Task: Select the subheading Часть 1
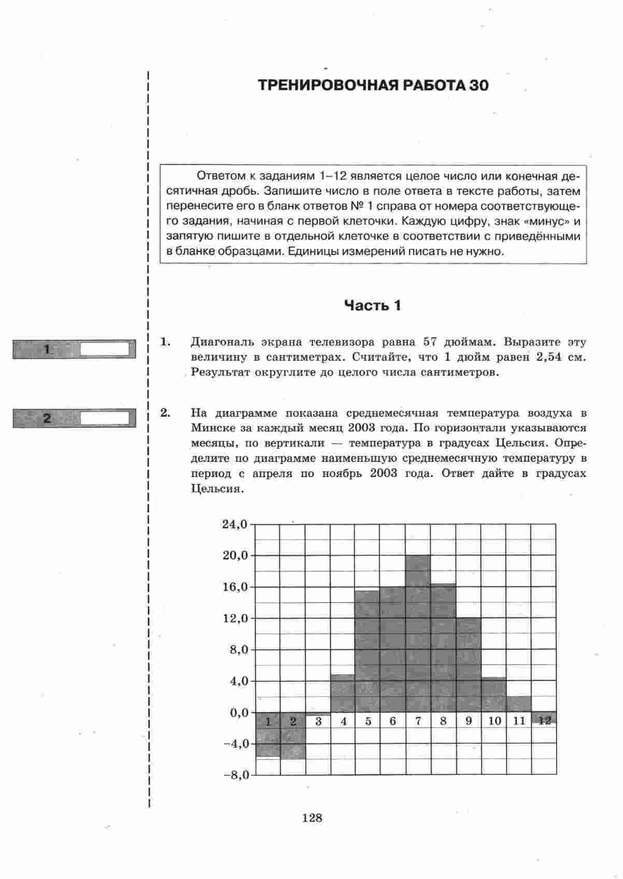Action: coord(373,305)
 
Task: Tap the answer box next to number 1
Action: coord(104,349)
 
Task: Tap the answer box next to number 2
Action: coord(104,418)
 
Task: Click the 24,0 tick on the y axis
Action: coord(235,524)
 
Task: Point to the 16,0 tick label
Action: coord(235,587)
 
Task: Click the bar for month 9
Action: coord(469,664)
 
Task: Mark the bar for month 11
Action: coord(519,704)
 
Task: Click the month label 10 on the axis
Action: coord(494,721)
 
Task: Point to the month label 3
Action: coord(318,721)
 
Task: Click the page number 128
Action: coord(311,818)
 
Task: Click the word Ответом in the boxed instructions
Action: coord(217,176)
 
